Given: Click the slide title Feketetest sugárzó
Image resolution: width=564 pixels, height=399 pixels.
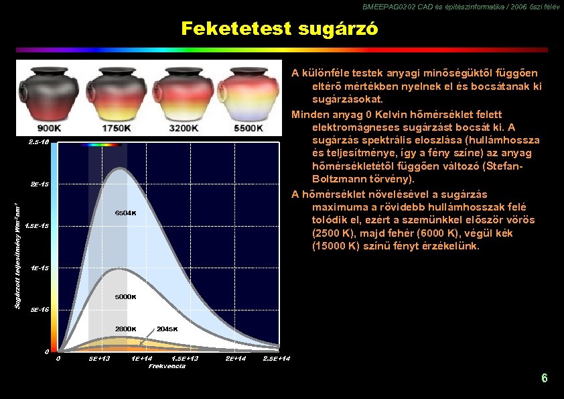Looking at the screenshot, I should (x=279, y=30).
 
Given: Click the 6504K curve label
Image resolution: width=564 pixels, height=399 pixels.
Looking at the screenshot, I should (x=126, y=213).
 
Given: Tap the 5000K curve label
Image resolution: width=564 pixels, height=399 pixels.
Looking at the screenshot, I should (x=125, y=296).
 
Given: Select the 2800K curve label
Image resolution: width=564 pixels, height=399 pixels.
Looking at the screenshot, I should (x=125, y=329).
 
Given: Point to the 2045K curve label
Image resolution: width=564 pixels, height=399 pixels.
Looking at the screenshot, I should (x=167, y=329).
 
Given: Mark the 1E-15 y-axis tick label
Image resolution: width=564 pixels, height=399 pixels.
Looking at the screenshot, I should (x=40, y=268).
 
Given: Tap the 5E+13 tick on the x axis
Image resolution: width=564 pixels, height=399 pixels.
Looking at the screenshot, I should (x=99, y=359).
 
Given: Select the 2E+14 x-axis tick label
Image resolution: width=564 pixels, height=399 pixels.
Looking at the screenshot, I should (x=234, y=359).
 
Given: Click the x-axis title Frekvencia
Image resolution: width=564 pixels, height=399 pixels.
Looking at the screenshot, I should (x=167, y=366).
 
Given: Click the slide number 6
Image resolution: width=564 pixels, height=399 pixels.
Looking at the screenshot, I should (x=545, y=378).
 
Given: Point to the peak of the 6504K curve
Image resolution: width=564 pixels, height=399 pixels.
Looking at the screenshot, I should (x=119, y=169).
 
